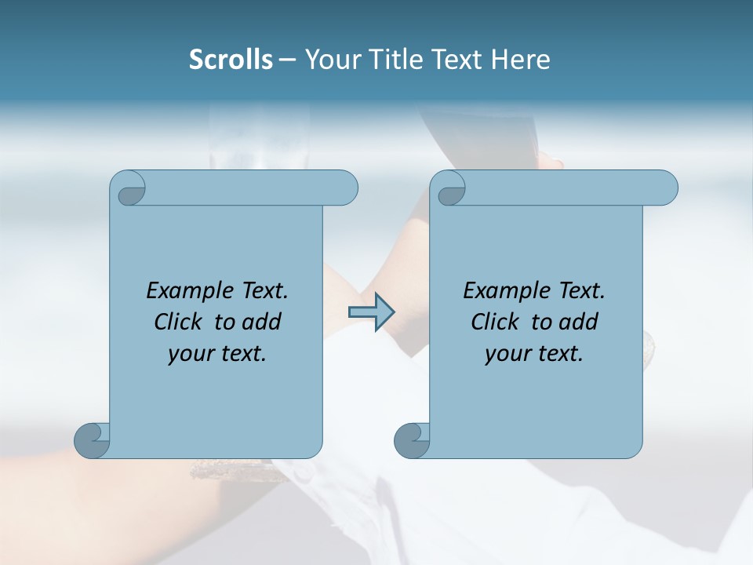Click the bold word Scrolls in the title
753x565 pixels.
(x=231, y=60)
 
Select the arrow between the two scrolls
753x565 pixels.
(x=371, y=312)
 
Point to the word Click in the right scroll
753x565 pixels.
(x=495, y=322)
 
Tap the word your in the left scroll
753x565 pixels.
(x=190, y=354)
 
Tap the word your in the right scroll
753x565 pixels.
(x=507, y=354)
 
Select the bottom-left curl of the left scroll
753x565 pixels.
(x=92, y=440)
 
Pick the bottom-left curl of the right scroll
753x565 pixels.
(x=412, y=440)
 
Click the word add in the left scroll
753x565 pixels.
(x=263, y=322)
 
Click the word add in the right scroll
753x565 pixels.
(x=580, y=322)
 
